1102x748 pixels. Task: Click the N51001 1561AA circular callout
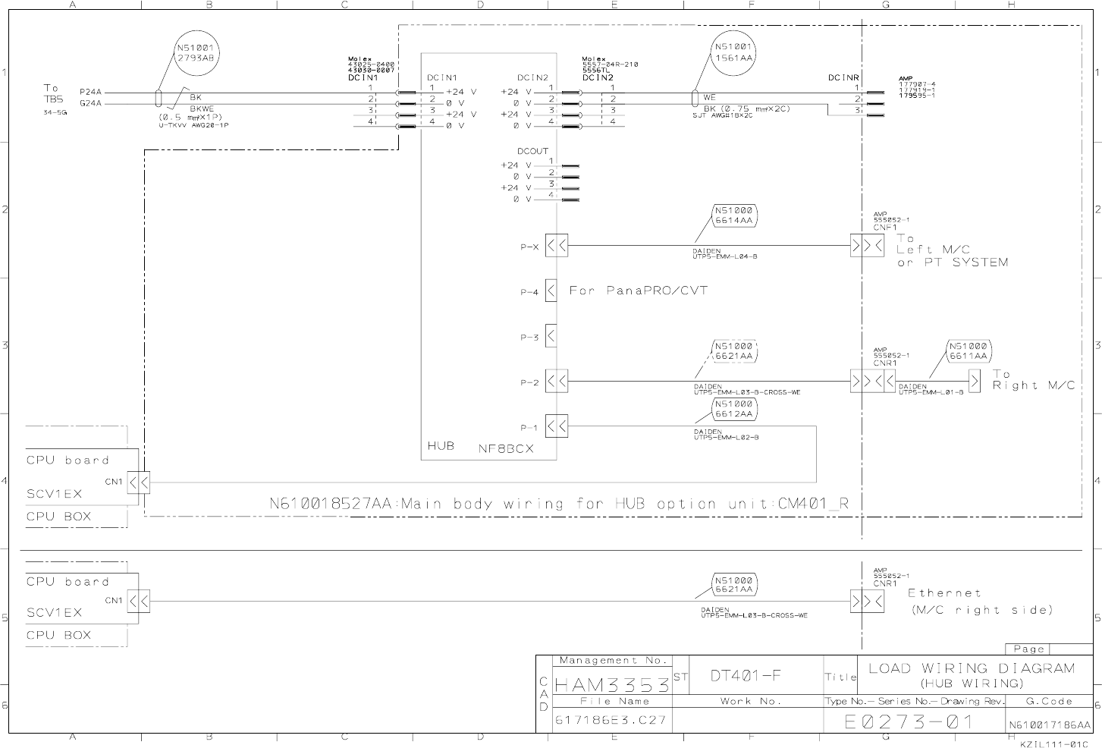click(x=733, y=52)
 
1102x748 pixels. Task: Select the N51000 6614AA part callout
click(x=734, y=215)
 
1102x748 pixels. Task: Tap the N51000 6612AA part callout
click(x=734, y=410)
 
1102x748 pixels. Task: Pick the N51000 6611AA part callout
click(x=969, y=350)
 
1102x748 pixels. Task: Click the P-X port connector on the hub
click(x=557, y=246)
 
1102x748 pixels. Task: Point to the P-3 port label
click(x=529, y=338)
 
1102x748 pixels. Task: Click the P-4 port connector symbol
click(x=551, y=291)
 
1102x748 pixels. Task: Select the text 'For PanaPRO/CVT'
click(x=638, y=291)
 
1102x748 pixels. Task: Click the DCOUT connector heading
click(x=532, y=151)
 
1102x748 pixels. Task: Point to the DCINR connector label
click(x=843, y=77)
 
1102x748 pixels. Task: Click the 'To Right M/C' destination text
click(x=1033, y=380)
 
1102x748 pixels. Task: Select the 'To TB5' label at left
click(x=52, y=93)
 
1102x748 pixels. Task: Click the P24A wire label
click(x=90, y=93)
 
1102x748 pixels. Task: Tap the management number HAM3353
click(x=612, y=685)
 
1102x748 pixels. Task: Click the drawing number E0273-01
click(x=909, y=721)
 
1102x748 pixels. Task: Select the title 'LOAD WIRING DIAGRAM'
click(x=971, y=668)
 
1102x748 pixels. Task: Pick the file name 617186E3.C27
click(x=611, y=720)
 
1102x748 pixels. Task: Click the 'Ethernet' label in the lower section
click(x=944, y=593)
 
